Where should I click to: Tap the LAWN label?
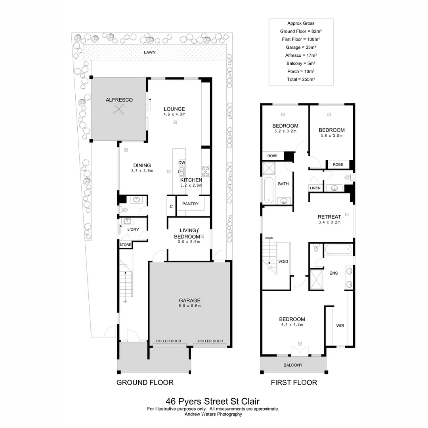point(149,52)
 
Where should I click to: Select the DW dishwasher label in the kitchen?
point(182,162)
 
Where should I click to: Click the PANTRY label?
point(190,204)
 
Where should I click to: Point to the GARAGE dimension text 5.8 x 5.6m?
point(189,306)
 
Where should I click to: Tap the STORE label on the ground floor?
point(125,245)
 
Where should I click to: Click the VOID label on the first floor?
point(283,262)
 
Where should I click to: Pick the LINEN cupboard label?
point(315,188)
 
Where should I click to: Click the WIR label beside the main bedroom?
point(340,325)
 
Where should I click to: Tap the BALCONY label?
point(293,365)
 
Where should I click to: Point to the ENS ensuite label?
point(333,273)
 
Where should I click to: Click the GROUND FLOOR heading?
point(145,382)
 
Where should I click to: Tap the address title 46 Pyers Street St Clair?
point(214,401)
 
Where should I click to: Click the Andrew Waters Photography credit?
point(214,414)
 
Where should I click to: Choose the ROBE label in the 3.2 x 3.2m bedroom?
point(272,156)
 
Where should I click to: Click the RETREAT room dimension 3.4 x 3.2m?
point(329,222)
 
